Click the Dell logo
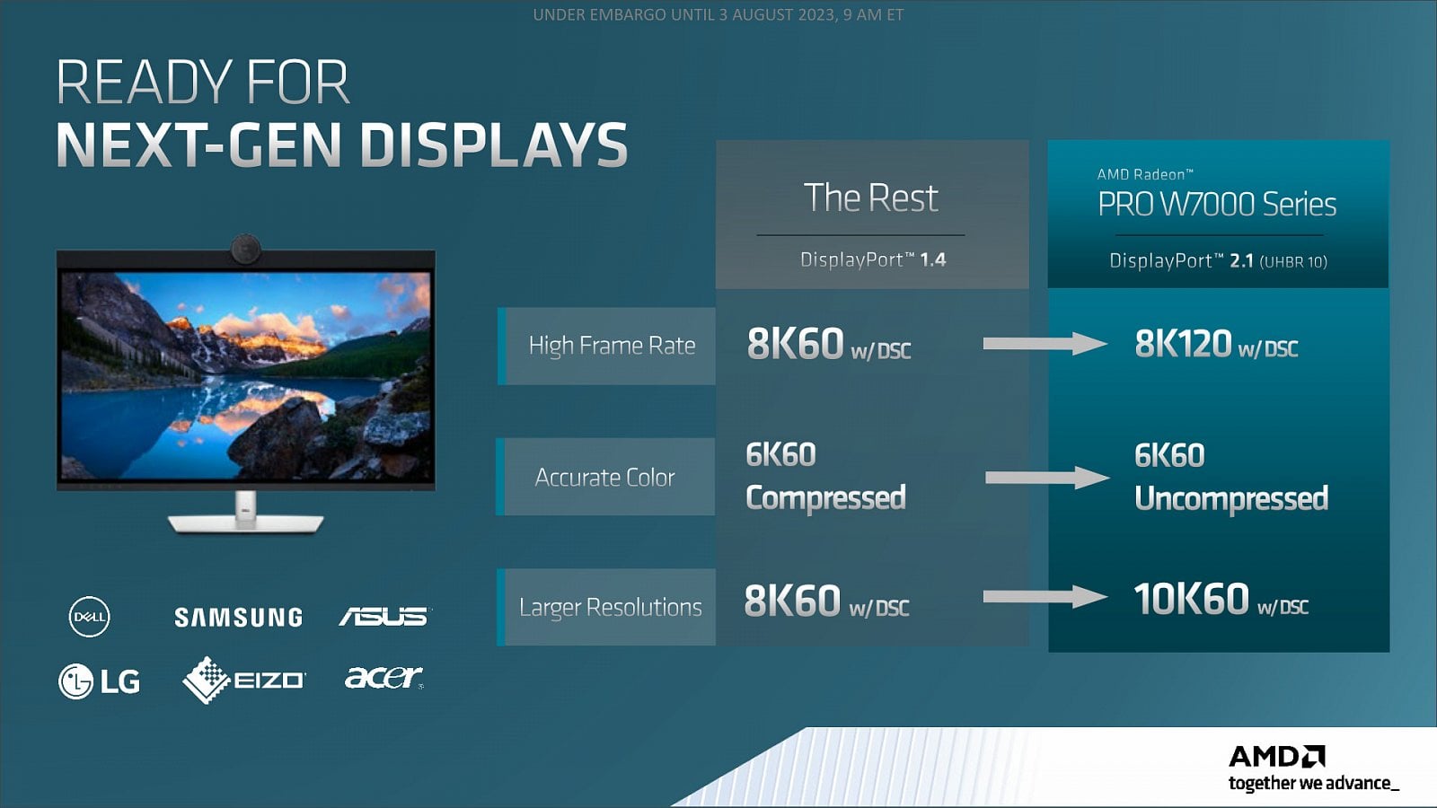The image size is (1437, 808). coord(89,617)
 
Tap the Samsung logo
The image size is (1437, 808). coord(239,617)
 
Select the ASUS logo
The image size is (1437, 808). coord(385,616)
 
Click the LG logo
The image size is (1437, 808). coord(99,681)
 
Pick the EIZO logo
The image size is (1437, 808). coord(244,680)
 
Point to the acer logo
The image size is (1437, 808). coord(384,677)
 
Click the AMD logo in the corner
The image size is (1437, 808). coord(1276,757)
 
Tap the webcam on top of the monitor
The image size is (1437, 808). coord(246,248)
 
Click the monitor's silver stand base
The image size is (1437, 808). coord(246,523)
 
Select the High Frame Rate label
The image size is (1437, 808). coord(612,346)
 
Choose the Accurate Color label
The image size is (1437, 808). coord(605,477)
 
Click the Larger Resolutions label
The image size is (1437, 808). coord(611,607)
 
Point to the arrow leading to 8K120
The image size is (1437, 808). coord(1045,344)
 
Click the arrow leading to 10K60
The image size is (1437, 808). coord(1045,597)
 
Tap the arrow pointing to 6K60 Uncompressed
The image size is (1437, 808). coord(1047,478)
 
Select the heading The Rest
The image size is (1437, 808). coord(871,198)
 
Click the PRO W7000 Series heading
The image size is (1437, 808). coord(1217,205)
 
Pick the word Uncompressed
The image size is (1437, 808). coord(1231,499)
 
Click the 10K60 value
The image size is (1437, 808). coord(1191,599)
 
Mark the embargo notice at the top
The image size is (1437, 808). coord(718,14)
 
